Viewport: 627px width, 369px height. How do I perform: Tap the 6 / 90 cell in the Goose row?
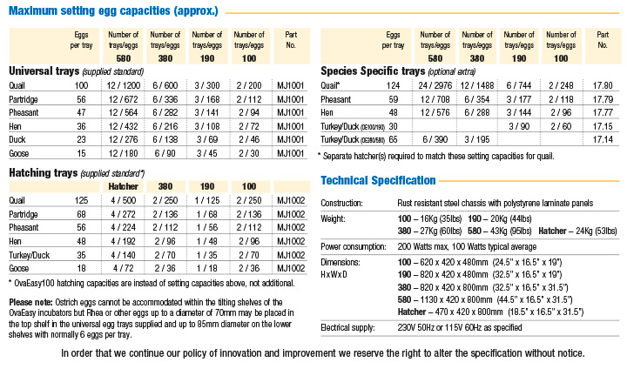pos(165,154)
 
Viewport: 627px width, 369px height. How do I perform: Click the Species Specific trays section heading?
pos(373,70)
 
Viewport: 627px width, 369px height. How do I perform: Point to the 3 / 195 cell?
pos(476,139)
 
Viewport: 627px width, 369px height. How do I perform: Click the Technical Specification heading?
pos(378,180)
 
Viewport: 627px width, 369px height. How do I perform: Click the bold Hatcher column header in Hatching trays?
pos(124,186)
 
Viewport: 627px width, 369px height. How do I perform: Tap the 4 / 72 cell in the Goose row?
pos(124,269)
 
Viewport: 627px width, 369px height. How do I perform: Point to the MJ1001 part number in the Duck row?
pos(290,140)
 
